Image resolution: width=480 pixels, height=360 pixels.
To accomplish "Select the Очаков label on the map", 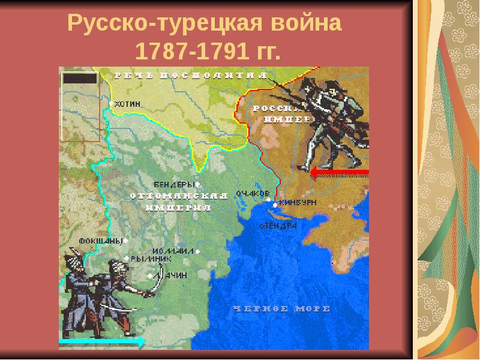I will point(251,193).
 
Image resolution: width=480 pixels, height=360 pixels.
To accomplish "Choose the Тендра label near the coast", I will point(279,226).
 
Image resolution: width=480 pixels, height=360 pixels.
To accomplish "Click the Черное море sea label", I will point(281,308).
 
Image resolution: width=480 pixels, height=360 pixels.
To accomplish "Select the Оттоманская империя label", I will point(179,202).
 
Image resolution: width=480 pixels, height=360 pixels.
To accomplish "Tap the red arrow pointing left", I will point(340,173).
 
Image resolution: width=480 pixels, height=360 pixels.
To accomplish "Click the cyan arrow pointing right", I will point(102,342).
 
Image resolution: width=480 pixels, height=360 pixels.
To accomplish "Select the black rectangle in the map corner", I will point(80,78).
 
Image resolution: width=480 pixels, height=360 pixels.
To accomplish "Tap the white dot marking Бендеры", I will point(197,184).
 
